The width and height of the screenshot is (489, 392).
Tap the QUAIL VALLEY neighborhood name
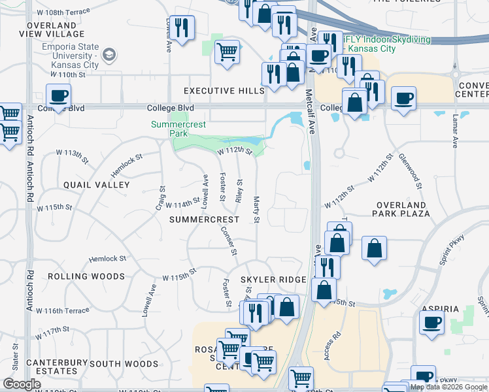(x=97, y=185)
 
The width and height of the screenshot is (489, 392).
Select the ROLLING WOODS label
(x=86, y=276)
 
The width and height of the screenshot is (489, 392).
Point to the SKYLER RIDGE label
(x=273, y=280)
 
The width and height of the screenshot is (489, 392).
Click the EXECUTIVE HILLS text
(x=224, y=91)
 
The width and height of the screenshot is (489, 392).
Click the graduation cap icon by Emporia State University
(x=109, y=54)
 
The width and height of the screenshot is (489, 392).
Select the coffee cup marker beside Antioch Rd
(x=58, y=96)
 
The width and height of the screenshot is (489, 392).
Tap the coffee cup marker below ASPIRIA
(x=431, y=323)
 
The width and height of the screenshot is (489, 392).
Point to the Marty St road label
(x=256, y=209)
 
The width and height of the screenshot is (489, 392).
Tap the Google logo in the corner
(x=22, y=384)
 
